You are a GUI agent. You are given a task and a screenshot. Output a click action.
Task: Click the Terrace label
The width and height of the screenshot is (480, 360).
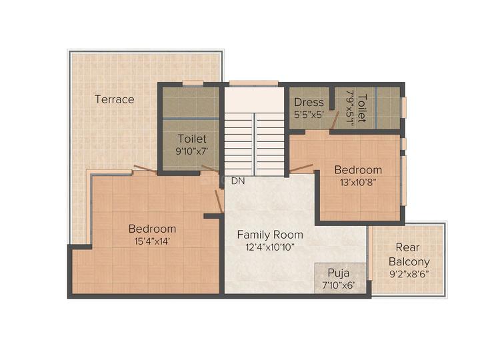click(114, 99)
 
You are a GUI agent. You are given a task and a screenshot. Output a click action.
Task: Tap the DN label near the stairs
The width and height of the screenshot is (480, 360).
click(237, 181)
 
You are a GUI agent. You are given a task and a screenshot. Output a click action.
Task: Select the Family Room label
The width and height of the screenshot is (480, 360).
click(270, 235)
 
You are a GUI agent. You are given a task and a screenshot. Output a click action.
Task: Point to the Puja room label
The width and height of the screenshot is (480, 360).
click(338, 273)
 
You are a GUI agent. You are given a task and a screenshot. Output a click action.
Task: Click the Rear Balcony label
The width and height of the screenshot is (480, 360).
click(409, 254)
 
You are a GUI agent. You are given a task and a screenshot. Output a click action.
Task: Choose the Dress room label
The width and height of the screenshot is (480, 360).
click(309, 102)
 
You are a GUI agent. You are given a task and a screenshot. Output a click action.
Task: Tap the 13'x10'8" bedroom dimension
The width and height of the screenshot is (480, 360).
click(358, 182)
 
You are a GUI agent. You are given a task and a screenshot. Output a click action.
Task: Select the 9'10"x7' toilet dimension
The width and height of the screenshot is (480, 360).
click(192, 151)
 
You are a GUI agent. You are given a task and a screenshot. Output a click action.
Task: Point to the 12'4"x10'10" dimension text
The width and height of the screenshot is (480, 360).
click(270, 247)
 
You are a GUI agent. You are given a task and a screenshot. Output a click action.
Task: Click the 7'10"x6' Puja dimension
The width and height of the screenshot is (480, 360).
click(338, 285)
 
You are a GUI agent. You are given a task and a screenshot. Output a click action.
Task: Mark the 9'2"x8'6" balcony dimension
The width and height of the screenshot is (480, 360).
click(409, 274)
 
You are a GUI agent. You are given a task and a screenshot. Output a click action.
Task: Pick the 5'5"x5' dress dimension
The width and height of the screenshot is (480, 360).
click(309, 114)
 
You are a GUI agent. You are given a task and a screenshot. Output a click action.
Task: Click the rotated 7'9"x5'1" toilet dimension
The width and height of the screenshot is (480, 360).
click(349, 108)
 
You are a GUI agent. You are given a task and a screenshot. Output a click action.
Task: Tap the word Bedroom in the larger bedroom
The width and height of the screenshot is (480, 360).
click(152, 229)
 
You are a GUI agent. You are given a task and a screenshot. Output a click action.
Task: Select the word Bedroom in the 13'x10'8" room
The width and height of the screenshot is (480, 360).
click(358, 170)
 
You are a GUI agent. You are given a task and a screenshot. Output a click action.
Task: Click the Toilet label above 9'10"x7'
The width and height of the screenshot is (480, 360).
click(192, 139)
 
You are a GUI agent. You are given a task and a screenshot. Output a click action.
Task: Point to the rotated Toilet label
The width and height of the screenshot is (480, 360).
click(361, 108)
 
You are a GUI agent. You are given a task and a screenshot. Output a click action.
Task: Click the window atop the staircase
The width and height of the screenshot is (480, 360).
click(253, 83)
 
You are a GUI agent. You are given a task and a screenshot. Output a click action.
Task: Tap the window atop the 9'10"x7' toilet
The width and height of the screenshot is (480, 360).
click(193, 83)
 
